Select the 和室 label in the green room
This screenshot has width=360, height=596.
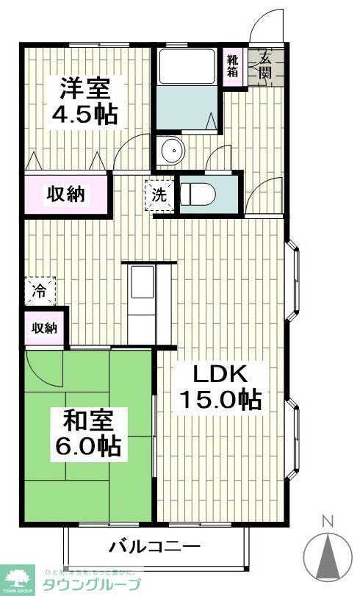pyautogui.click(x=87, y=420)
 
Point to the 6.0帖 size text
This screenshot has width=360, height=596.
pyautogui.click(x=87, y=446)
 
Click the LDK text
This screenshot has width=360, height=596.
pyautogui.click(x=220, y=373)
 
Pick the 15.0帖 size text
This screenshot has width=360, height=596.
pyautogui.click(x=220, y=400)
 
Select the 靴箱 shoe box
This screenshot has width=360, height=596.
pyautogui.click(x=233, y=66)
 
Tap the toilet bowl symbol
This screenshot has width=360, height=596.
pyautogui.click(x=198, y=194)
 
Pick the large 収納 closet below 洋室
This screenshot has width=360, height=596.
pyautogui.click(x=66, y=195)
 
